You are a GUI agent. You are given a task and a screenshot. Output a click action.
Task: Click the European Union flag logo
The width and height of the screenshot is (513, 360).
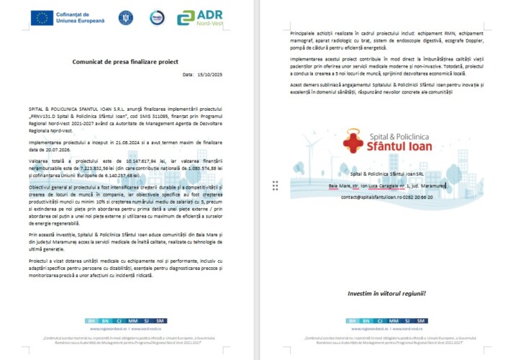pyautogui.click(x=42, y=17)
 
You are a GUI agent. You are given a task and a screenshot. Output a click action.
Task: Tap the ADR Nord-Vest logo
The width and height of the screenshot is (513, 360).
pyautogui.click(x=199, y=17)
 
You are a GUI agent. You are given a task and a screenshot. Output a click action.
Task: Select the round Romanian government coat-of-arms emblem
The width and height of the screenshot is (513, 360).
pyautogui.click(x=127, y=17)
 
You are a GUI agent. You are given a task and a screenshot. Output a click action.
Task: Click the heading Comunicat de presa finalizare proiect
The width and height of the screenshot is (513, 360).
pyautogui.click(x=124, y=62)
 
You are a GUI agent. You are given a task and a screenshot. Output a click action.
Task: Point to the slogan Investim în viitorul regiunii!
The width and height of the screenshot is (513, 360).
pyautogui.click(x=386, y=293)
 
